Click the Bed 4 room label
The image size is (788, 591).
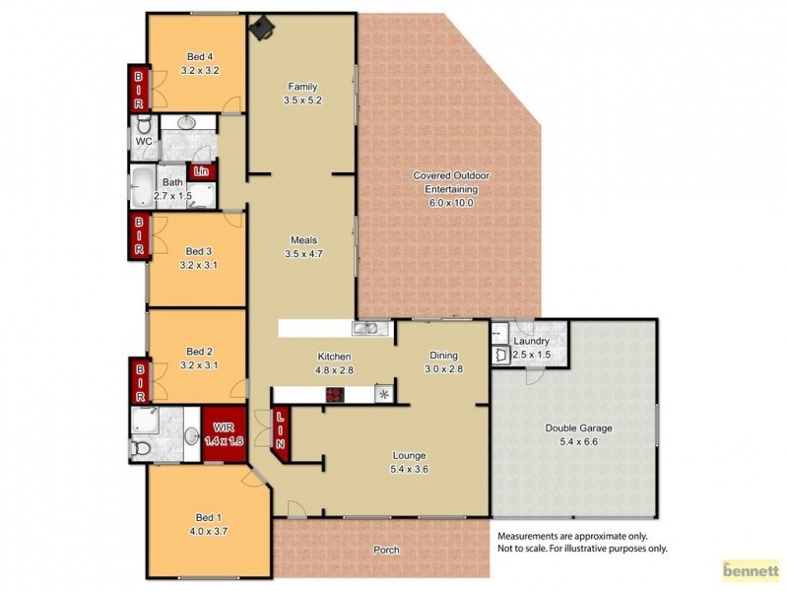click(200, 63)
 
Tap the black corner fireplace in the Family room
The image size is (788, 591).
click(260, 31)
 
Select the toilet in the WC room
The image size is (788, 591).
click(144, 125)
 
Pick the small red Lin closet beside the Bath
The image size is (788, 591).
click(203, 171)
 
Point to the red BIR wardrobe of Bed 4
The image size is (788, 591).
click(138, 89)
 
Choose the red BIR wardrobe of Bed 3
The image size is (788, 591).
click(138, 236)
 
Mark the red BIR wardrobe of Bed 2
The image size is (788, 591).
click(138, 382)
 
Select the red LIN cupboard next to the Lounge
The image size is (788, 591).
click(281, 432)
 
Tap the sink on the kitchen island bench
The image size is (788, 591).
click(365, 329)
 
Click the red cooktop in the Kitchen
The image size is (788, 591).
click(336, 395)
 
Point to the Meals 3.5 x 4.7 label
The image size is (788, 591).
click(302, 246)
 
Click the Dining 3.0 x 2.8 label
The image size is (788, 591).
click(442, 361)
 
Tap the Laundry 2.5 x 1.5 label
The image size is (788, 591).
click(530, 348)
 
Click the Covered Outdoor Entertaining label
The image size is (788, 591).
click(450, 188)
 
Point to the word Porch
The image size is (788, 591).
click(386, 550)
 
